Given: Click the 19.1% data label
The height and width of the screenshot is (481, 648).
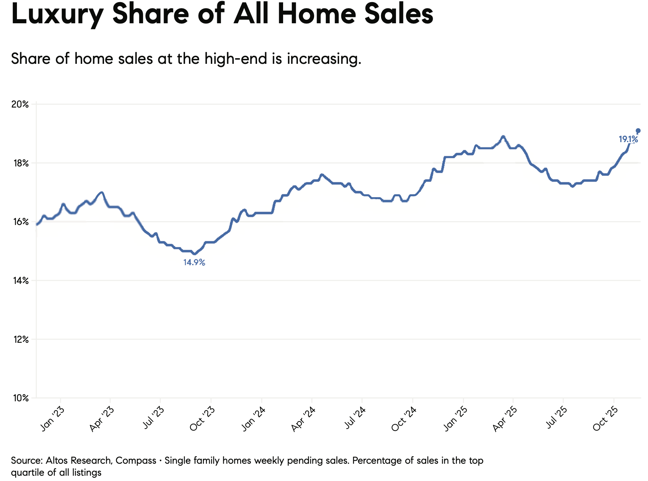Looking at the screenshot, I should point(628,139).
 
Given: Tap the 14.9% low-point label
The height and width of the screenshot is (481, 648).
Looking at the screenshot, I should point(194,262).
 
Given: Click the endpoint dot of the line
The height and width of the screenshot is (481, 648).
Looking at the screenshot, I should point(638,131).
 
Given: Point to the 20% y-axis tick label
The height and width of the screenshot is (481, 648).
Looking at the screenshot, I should point(20,104).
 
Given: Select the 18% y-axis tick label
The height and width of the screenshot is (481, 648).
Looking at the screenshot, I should point(20,163).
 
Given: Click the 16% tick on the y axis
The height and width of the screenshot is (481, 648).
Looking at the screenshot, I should point(20,222).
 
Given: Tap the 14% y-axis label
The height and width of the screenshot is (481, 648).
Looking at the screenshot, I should point(20,281).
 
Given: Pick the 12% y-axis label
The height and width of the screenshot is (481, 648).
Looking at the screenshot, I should point(20,339).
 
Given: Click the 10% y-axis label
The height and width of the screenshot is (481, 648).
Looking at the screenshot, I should point(20,398).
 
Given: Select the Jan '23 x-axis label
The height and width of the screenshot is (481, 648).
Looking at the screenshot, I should point(53,419).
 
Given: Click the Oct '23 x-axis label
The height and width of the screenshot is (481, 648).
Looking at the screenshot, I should point(202,419).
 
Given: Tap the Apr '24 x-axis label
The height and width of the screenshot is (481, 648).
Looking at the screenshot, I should point(303,419).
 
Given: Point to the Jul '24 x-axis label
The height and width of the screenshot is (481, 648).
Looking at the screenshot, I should point(354,418).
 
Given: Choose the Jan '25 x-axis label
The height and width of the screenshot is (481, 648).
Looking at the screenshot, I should point(455,419).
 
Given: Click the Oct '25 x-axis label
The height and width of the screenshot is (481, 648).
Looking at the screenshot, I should point(605,419).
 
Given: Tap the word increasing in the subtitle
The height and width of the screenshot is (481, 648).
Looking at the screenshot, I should point(324,59).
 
